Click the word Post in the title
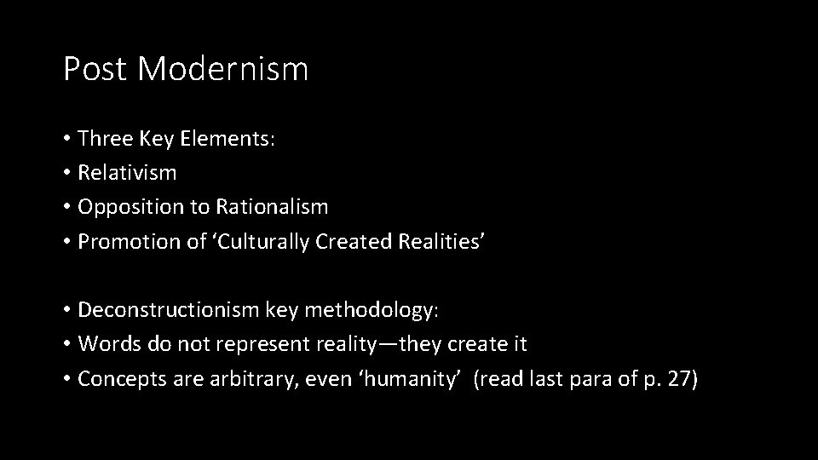[95, 69]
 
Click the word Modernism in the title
[222, 69]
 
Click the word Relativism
[127, 172]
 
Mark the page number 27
[678, 379]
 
